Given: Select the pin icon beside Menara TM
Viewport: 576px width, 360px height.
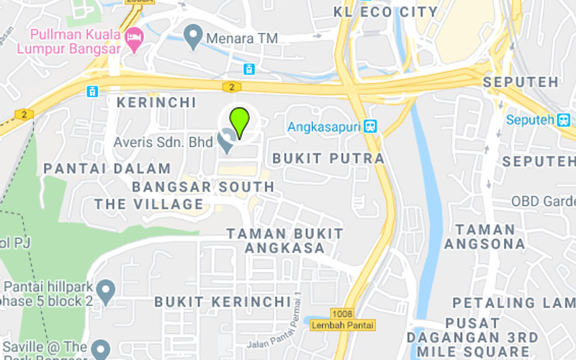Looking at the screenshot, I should (x=192, y=36).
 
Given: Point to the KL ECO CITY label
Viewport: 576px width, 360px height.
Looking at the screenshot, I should (x=386, y=12).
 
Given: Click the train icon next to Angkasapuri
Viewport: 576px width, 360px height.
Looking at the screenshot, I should (x=371, y=127).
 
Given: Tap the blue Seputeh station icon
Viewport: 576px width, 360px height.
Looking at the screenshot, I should (x=563, y=120).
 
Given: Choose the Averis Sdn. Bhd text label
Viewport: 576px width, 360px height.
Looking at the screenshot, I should (x=163, y=143).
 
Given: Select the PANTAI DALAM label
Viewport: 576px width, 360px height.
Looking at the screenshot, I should (x=107, y=168).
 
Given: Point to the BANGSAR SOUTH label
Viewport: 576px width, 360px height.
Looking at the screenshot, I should (x=204, y=187).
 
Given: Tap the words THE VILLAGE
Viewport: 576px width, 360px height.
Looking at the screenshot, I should (x=149, y=204).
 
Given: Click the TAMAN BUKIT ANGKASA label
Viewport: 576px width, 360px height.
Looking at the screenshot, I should (x=286, y=241).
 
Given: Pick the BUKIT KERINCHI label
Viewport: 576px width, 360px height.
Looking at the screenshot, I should (x=222, y=301).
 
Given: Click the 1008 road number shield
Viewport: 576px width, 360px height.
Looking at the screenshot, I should (x=343, y=312).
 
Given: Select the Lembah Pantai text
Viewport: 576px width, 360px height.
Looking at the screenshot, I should (x=343, y=325).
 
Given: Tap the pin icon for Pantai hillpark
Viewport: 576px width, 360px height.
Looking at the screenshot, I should (x=107, y=290).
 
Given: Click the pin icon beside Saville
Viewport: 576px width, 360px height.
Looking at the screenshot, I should (x=101, y=348).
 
